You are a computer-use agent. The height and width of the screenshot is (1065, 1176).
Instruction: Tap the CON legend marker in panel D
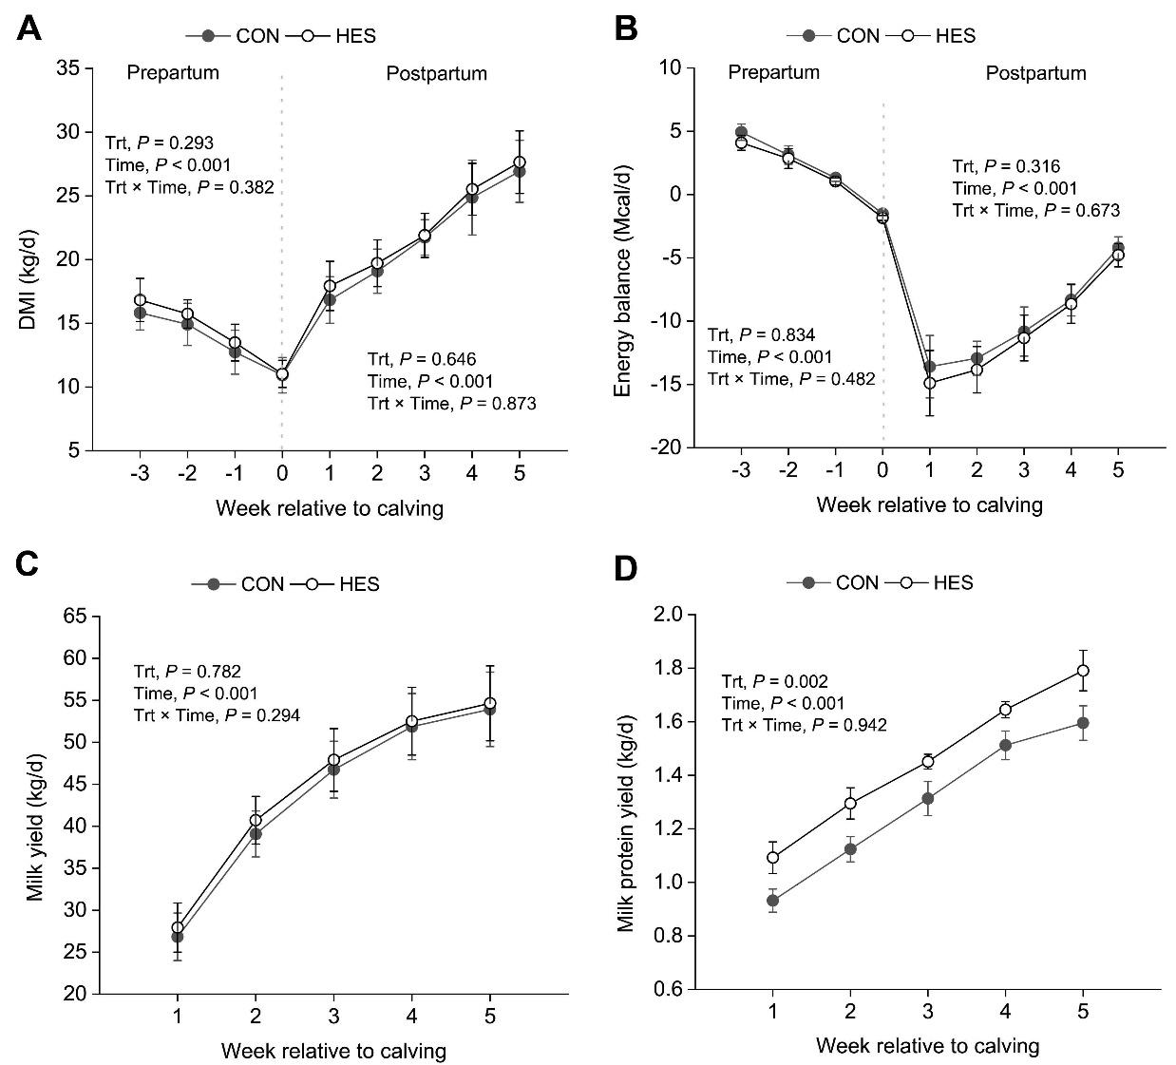click(809, 582)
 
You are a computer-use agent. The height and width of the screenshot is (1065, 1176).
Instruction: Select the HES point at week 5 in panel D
click(1082, 671)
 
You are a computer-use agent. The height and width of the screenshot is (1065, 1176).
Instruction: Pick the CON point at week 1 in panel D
click(773, 900)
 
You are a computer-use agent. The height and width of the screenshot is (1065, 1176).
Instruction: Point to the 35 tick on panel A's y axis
click(66, 68)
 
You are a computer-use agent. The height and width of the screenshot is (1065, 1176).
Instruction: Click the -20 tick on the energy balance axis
click(662, 447)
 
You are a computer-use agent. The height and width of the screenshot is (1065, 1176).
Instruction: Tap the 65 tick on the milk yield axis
click(75, 617)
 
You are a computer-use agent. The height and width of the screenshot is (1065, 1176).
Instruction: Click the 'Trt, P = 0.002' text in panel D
click(774, 681)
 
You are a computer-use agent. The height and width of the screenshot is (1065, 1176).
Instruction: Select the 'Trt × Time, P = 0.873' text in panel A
click(451, 404)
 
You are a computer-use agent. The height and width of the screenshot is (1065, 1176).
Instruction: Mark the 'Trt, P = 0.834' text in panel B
click(761, 334)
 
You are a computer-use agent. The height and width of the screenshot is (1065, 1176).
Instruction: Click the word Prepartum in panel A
click(173, 72)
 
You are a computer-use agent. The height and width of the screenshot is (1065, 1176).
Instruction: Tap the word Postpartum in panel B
click(1035, 72)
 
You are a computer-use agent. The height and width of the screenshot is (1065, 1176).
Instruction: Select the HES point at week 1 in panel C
click(178, 928)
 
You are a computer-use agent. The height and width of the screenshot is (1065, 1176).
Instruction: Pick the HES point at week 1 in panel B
click(930, 383)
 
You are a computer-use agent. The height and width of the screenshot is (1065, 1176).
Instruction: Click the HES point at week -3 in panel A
click(140, 300)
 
